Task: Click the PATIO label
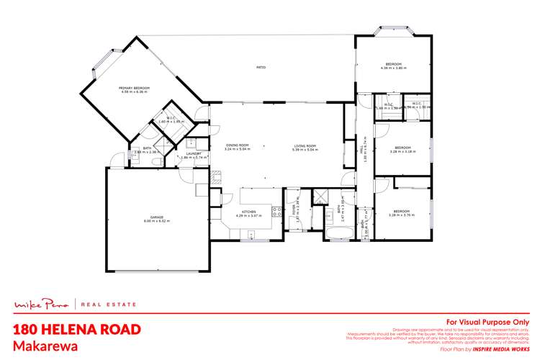(x=261, y=68)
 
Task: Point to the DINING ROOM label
(x=237, y=145)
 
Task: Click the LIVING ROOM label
(x=305, y=145)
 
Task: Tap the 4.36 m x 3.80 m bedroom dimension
(x=394, y=68)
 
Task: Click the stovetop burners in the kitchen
(x=275, y=212)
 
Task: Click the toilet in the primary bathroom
(x=157, y=163)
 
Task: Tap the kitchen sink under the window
(x=251, y=234)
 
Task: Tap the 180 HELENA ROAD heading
(x=76, y=329)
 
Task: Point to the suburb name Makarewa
(x=42, y=346)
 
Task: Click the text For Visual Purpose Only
(x=487, y=322)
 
